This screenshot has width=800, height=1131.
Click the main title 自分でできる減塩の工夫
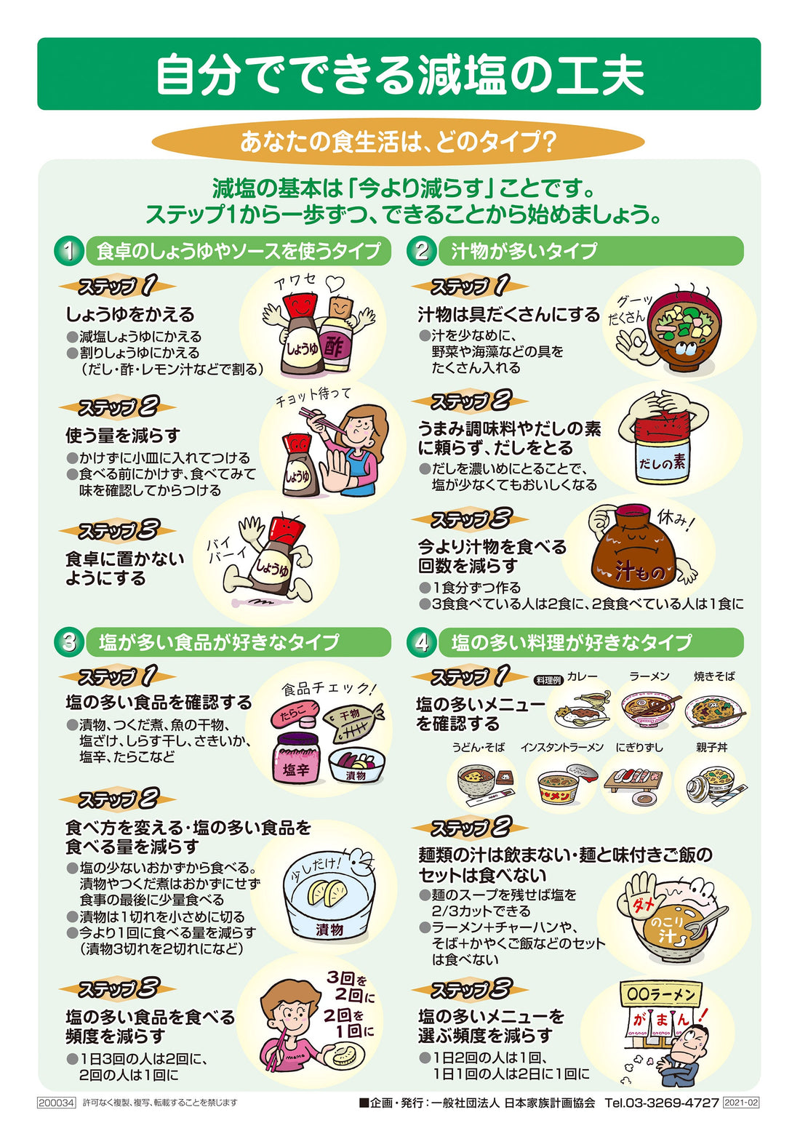[399, 74]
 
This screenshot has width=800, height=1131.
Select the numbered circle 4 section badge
[421, 642]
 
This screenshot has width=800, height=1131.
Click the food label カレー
[582, 676]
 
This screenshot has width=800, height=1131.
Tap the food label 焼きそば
[714, 676]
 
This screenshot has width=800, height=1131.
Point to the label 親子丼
[711, 747]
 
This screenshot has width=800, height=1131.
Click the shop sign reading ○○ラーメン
[660, 994]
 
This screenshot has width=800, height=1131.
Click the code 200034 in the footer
[56, 1103]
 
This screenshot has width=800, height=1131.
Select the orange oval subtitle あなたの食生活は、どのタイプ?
[399, 141]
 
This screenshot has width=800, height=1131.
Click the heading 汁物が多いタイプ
[524, 251]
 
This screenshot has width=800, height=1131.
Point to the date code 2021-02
[741, 1103]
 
